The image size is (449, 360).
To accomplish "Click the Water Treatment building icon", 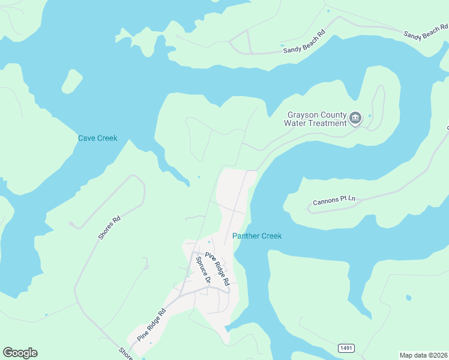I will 355,118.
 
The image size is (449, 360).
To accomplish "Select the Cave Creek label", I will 98,138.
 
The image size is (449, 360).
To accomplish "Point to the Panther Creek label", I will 257,236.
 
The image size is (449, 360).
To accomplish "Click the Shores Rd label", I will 109,228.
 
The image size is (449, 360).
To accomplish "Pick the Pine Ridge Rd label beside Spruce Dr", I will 217,268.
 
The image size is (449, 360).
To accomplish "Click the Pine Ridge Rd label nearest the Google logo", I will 151,325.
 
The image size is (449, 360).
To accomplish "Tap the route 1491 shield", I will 346,348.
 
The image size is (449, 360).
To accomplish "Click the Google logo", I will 20,353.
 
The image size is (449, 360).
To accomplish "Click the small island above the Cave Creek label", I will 72,81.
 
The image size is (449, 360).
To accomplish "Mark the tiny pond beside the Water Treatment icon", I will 370,116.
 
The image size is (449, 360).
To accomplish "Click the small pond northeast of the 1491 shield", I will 409,298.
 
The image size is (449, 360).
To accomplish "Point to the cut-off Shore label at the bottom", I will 125,353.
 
